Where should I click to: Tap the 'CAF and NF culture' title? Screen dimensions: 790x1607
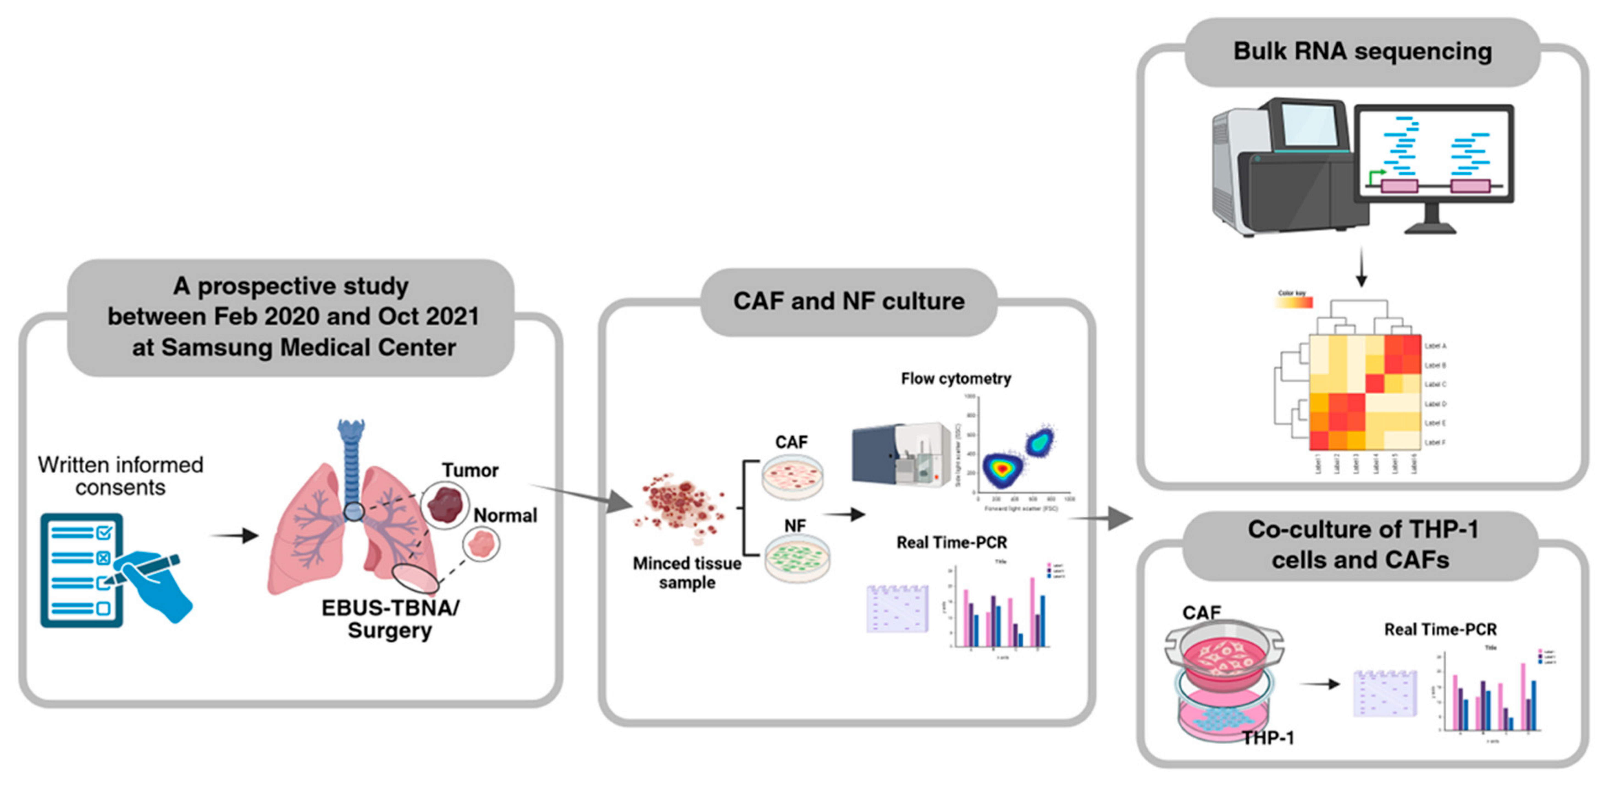tap(848, 301)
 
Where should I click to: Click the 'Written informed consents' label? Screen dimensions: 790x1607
tap(120, 475)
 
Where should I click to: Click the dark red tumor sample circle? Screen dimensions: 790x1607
tap(445, 504)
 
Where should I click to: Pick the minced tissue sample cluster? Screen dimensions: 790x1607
tap(681, 505)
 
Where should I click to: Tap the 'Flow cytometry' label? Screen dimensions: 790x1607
tap(955, 379)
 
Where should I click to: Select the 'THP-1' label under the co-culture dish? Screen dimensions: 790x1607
tap(1268, 738)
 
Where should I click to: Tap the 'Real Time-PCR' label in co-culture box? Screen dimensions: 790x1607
tap(1440, 629)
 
